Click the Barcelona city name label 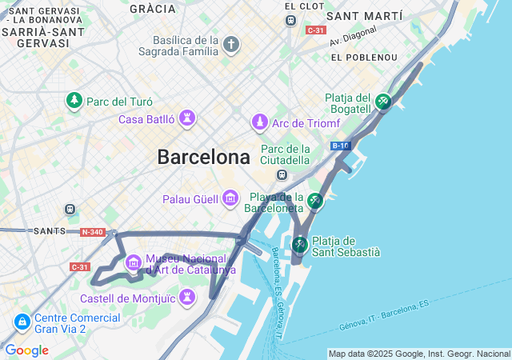pos(203,157)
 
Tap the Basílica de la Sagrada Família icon pos(231,44)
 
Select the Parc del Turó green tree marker pos(74,101)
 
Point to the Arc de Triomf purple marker pos(259,122)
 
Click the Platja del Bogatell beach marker pos(383,102)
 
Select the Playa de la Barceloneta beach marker pos(316,200)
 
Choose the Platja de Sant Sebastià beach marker pos(300,243)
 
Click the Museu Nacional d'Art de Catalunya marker pos(134,261)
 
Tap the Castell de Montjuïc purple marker pos(188,298)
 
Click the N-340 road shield pos(93,232)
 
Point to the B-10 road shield pos(340,146)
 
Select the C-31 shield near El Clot pos(314,30)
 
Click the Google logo pos(26,350)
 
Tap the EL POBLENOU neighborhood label pos(364,58)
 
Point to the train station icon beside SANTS pos(70,210)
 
